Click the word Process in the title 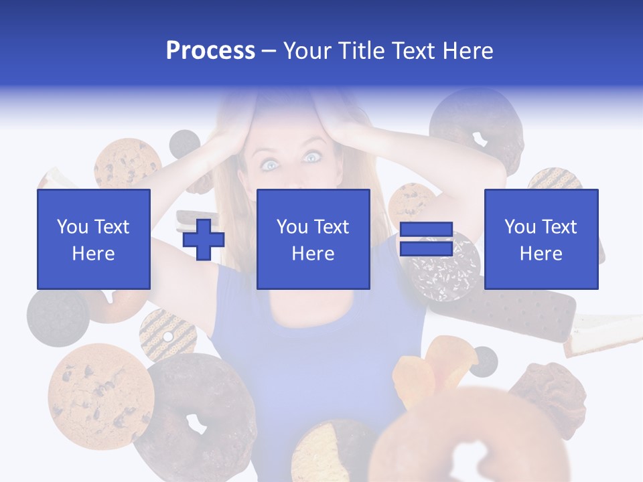pyautogui.click(x=210, y=51)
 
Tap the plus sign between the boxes pyautogui.click(x=204, y=239)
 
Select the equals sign pyautogui.click(x=426, y=239)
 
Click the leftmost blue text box pyautogui.click(x=94, y=239)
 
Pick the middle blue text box pyautogui.click(x=313, y=239)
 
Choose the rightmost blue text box pyautogui.click(x=541, y=239)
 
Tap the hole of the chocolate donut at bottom pyautogui.click(x=196, y=422)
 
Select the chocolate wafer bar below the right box pyautogui.click(x=529, y=311)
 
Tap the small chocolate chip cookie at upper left pyautogui.click(x=127, y=163)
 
